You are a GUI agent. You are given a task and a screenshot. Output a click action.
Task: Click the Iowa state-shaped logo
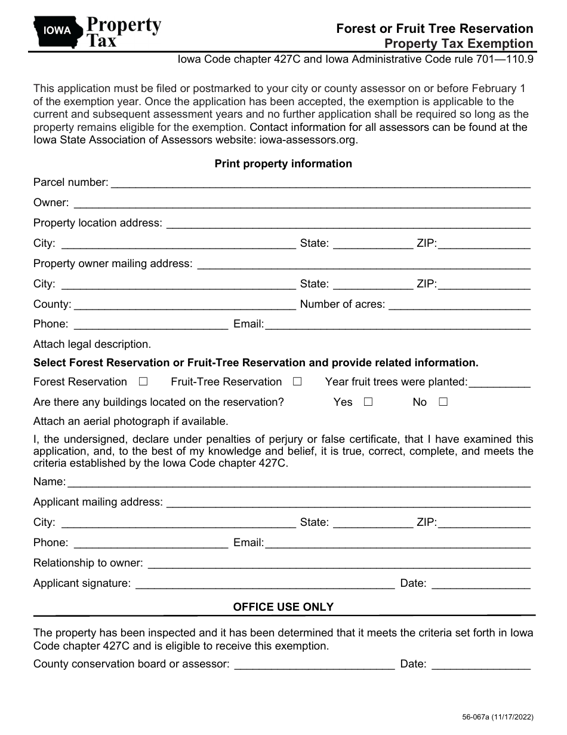click(x=57, y=32)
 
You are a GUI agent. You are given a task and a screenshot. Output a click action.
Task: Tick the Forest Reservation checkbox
click(x=143, y=381)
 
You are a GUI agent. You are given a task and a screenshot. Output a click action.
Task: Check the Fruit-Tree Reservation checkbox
click(x=297, y=381)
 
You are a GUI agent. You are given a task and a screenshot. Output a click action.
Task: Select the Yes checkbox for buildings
click(x=368, y=402)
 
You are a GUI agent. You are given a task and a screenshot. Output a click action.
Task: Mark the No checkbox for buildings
click(x=443, y=402)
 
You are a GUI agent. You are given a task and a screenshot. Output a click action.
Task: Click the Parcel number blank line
click(x=321, y=183)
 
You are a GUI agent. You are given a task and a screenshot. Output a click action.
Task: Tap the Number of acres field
click(x=459, y=305)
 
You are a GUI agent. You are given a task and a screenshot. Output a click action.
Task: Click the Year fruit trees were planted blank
click(x=500, y=382)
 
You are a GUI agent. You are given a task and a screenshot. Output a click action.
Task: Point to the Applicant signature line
click(x=265, y=584)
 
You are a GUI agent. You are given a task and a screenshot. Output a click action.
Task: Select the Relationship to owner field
click(x=338, y=563)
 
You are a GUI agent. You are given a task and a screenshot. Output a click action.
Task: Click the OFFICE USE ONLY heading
click(x=283, y=607)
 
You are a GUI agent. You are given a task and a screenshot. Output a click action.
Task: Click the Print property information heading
click(x=283, y=164)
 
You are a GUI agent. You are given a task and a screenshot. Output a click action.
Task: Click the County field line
click(x=185, y=305)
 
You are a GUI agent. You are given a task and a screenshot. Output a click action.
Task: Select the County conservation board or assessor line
click(x=315, y=664)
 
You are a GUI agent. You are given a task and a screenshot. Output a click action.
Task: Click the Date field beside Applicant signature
click(x=480, y=584)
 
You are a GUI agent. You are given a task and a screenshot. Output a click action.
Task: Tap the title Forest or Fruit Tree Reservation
click(x=435, y=28)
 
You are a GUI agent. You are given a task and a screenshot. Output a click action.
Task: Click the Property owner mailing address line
click(x=363, y=264)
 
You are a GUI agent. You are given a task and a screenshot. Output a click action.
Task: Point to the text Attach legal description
click(x=92, y=344)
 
